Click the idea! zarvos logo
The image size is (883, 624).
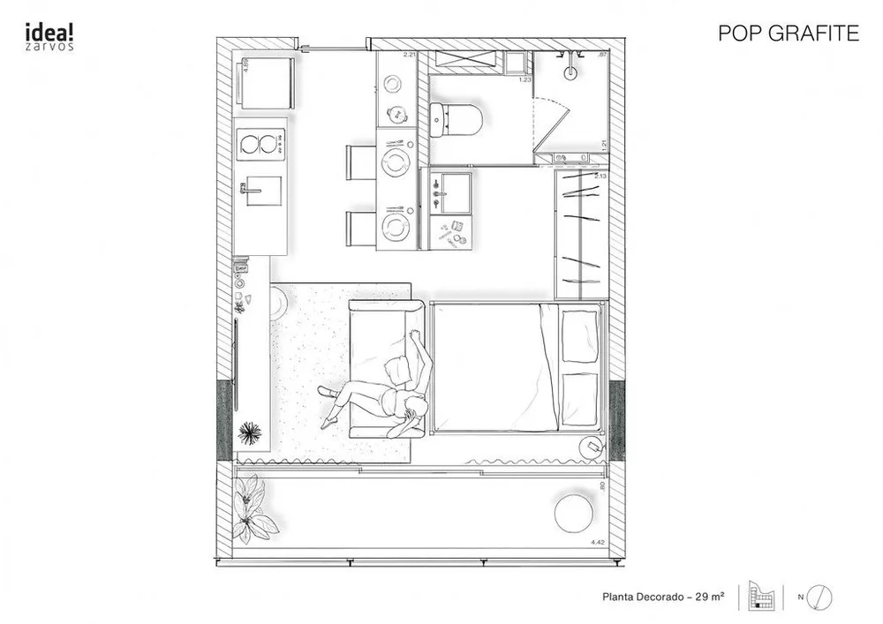[x=49, y=36]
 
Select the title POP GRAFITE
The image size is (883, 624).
[x=789, y=34]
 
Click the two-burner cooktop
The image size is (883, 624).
[x=260, y=144]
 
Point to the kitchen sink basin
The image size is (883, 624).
[x=263, y=191]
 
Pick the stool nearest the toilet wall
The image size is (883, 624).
[x=361, y=162]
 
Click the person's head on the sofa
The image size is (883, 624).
[x=414, y=406]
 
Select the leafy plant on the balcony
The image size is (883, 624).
[x=253, y=509]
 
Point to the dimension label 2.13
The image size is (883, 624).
[x=601, y=177]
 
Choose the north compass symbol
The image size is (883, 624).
[x=819, y=597]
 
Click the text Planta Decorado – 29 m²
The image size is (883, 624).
[x=663, y=598]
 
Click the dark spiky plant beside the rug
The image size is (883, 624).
[x=251, y=432]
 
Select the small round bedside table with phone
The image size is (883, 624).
[x=591, y=448]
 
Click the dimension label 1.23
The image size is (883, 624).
[x=525, y=80]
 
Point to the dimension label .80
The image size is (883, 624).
[x=602, y=485]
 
